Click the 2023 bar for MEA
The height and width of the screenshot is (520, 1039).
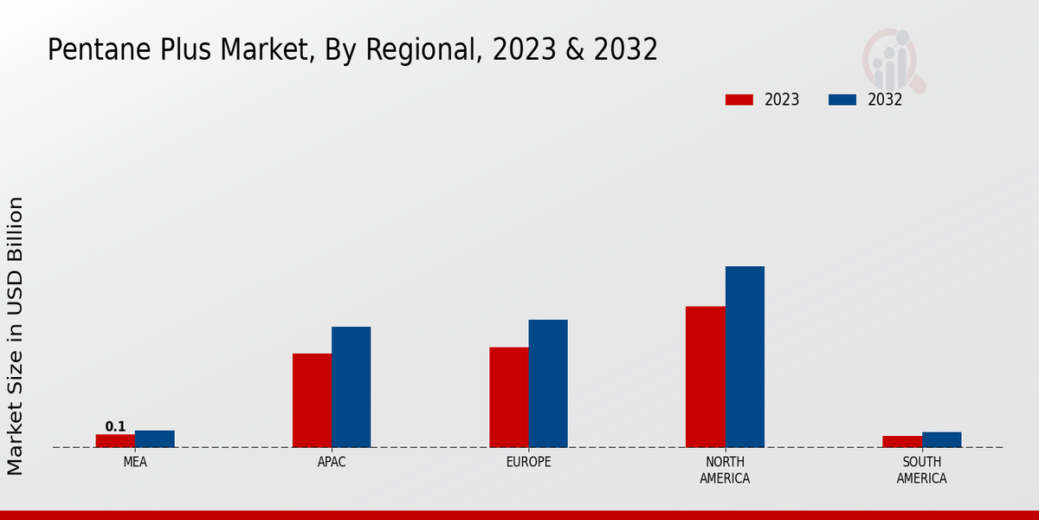pos(115,440)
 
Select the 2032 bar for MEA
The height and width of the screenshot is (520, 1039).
pos(154,439)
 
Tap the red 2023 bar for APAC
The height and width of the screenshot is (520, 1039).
pos(312,400)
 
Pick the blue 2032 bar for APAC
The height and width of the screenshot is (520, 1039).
pos(351,387)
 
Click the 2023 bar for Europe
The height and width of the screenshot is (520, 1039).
pos(508,397)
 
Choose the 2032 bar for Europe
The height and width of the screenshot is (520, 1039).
pos(548,383)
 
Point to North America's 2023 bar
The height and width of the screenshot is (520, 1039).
pos(705,376)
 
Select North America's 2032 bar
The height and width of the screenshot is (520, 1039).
pos(745,356)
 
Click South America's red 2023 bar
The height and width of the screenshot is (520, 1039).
pos(902,441)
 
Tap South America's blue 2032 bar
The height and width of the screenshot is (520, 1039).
pos(941,439)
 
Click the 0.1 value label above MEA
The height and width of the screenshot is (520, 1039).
pos(115,426)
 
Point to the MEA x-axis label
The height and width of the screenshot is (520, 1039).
pos(135,462)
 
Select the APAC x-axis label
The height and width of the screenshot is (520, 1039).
pos(332,462)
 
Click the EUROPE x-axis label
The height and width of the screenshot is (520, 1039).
pos(528,462)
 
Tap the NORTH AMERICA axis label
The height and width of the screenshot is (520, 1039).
pos(725,470)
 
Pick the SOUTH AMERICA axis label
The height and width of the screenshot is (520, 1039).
pos(921,470)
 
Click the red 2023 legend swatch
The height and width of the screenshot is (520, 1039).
pos(739,100)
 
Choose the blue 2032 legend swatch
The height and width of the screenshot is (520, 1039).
pos(842,100)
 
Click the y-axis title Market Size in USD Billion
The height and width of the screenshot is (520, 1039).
pos(16,335)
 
